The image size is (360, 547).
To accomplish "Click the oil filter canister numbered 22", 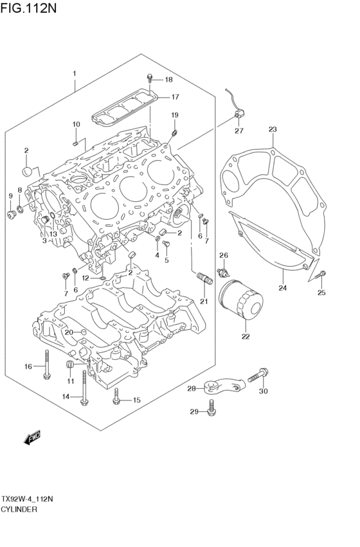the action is pos(240,301).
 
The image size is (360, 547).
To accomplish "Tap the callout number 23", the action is pos(273,129).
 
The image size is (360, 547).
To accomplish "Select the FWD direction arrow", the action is pos(32,437).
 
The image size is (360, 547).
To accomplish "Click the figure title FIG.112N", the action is pos(28,8).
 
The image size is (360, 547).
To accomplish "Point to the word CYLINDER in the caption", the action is pos(19,509).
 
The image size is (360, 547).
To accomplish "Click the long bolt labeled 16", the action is pos(47,364).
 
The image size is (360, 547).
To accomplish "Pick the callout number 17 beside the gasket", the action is pos(175,97).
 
